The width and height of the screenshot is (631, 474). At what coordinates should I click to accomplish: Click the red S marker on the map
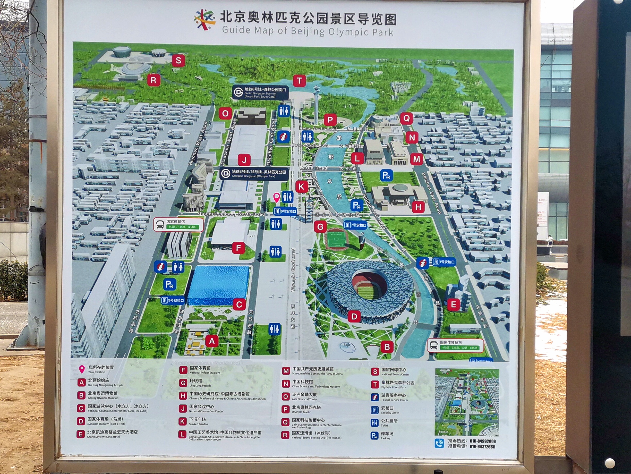[x=178, y=61]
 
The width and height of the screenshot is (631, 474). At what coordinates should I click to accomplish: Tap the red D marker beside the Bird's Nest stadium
[x=354, y=316]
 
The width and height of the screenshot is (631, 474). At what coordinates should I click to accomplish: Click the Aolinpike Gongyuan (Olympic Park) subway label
[x=254, y=174]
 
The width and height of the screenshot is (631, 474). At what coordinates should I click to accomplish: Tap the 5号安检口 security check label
[x=173, y=300]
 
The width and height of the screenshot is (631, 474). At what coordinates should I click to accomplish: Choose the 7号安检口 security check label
[x=355, y=225]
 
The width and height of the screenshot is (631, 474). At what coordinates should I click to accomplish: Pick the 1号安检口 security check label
[x=443, y=262]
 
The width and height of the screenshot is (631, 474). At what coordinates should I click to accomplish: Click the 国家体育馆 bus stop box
[x=178, y=224]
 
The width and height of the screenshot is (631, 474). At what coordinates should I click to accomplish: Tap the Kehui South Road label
[x=318, y=128]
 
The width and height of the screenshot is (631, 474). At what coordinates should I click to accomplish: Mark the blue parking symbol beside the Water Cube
[x=169, y=284]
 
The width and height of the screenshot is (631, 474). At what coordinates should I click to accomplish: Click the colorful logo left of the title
[x=204, y=19]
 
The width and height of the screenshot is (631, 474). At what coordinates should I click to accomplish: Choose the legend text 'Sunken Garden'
[x=198, y=424]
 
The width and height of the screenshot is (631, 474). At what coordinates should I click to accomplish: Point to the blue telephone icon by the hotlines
[x=439, y=443]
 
